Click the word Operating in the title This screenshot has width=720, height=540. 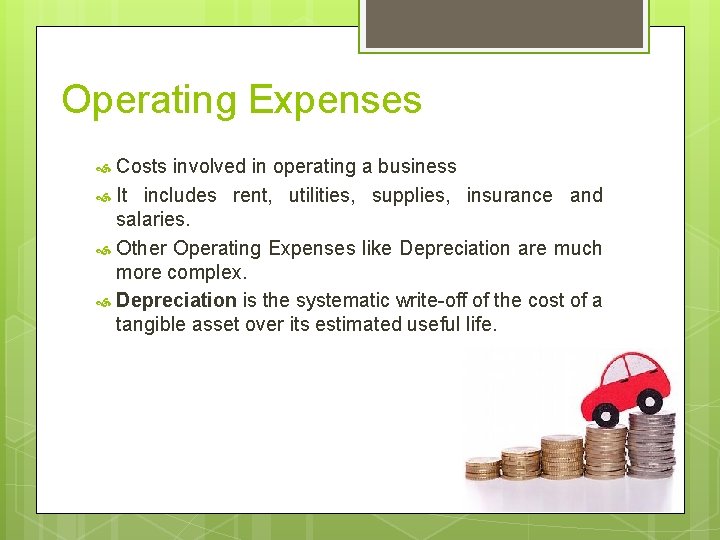point(149,101)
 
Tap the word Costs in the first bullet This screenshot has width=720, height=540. point(141,166)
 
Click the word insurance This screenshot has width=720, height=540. point(509,195)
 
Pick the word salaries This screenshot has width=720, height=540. point(152,218)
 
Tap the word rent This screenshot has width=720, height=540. point(251,195)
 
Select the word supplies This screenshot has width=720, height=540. point(410,195)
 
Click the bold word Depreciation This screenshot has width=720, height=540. point(176,300)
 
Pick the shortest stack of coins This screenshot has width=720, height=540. point(482,468)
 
